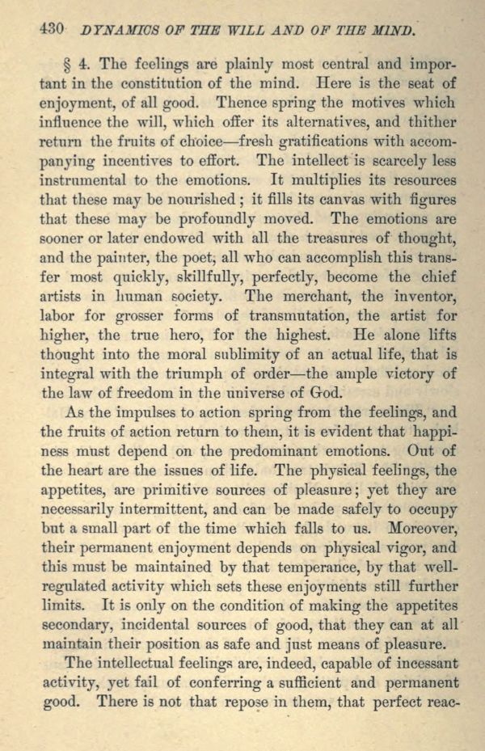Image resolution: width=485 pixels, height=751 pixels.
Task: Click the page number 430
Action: [51, 30]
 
